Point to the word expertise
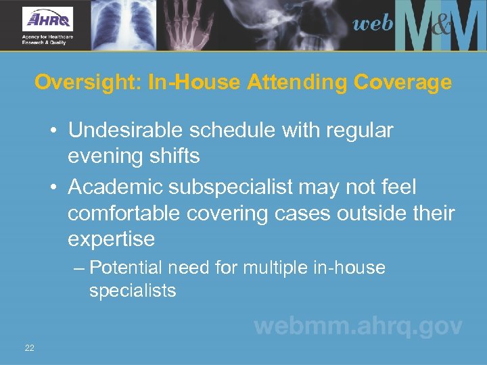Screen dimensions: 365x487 point(111,239)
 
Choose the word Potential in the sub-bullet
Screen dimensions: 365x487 point(126,268)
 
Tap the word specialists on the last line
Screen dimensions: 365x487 point(133,291)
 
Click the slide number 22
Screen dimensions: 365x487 point(29,347)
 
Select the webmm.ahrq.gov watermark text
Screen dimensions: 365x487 point(358,326)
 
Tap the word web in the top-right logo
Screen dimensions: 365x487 point(373,24)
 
